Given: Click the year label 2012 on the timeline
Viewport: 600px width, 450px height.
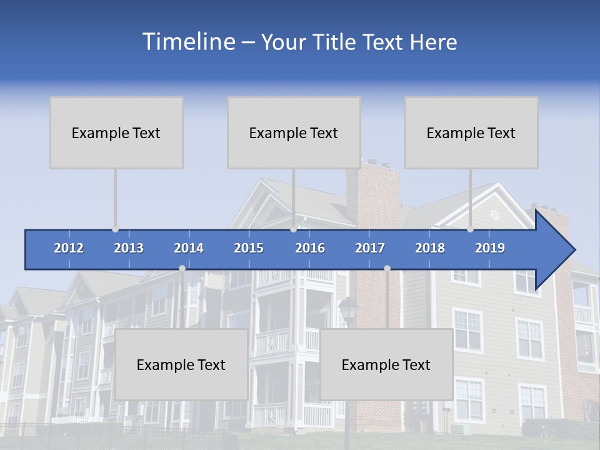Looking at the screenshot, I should pos(69,248).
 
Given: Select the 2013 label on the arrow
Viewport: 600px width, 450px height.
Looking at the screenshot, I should pos(129,248).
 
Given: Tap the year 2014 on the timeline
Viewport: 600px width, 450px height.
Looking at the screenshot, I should pos(189,248).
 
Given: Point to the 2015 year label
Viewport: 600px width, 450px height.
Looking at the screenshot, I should pos(249,248).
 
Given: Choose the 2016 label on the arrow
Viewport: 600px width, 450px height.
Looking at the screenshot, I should pos(310,248).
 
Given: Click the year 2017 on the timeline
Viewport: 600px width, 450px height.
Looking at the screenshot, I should pos(370,248).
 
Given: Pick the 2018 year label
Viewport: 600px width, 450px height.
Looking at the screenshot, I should pos(430,248).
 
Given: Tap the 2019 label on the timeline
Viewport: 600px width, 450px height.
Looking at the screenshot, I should pos(490,248).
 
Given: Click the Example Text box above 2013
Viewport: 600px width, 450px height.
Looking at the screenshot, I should pos(116,132).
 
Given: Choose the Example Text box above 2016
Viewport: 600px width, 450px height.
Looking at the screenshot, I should pos(294,132).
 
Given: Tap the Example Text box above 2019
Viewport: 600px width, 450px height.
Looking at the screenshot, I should pos(471,132).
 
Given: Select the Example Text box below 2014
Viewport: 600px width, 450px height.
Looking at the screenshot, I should pos(181,364).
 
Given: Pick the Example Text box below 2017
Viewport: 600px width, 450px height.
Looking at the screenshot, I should pos(386,364).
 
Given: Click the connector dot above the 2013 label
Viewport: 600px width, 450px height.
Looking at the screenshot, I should pos(116,229).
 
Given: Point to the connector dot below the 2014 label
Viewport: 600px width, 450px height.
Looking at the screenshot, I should pos(182,269).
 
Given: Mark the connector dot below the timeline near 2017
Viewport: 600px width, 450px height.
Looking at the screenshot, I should pos(387,269).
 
